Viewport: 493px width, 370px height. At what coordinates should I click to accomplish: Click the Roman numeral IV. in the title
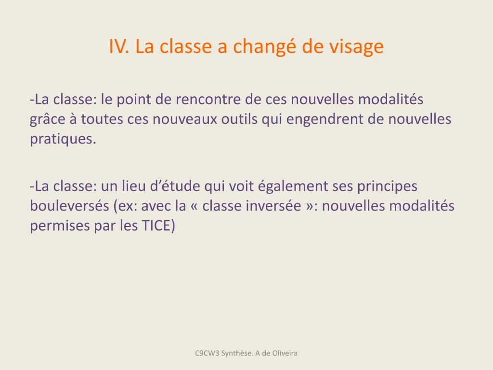click(x=119, y=46)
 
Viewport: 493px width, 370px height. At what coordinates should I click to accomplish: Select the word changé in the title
click(x=264, y=47)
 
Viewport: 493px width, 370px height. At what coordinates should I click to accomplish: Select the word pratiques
click(x=63, y=140)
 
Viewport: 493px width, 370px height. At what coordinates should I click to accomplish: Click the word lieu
click(x=134, y=186)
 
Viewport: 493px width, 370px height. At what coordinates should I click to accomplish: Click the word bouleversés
click(x=69, y=206)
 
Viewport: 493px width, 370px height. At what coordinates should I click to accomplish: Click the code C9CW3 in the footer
click(x=207, y=353)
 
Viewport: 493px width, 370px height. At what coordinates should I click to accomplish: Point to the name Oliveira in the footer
click(x=285, y=353)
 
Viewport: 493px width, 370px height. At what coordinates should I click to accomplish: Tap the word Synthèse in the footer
click(x=237, y=353)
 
